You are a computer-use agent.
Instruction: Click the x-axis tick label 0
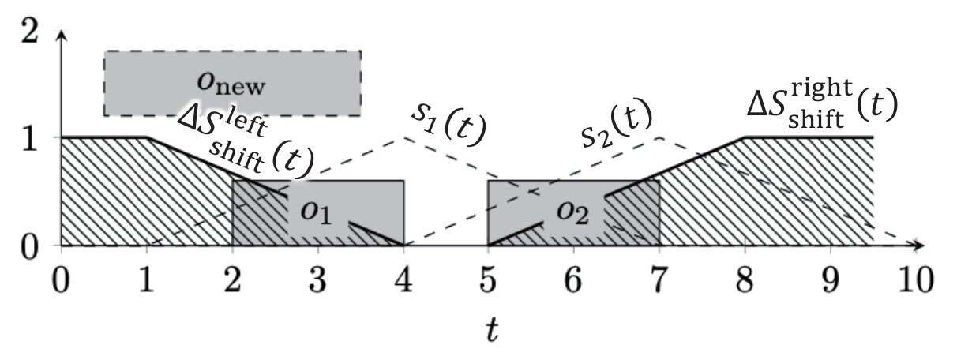pyautogui.click(x=61, y=280)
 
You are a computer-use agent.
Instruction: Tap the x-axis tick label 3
pyautogui.click(x=317, y=280)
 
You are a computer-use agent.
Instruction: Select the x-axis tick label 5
pyautogui.click(x=488, y=280)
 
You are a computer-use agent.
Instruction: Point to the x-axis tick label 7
pyautogui.click(x=659, y=280)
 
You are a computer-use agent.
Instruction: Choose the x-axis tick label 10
pyautogui.click(x=916, y=280)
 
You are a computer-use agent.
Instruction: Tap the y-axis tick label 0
pyautogui.click(x=29, y=247)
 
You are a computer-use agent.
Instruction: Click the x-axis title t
pyautogui.click(x=492, y=330)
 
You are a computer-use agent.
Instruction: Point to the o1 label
pyautogui.click(x=316, y=212)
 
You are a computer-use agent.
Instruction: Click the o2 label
pyautogui.click(x=573, y=212)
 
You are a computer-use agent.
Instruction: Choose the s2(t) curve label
pyautogui.click(x=617, y=124)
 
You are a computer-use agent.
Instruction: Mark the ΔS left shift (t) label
pyautogui.click(x=246, y=143)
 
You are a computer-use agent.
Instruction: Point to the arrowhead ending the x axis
pyautogui.click(x=920, y=246)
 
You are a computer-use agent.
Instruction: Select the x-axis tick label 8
pyautogui.click(x=745, y=280)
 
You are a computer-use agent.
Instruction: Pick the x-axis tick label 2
pyautogui.click(x=232, y=280)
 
